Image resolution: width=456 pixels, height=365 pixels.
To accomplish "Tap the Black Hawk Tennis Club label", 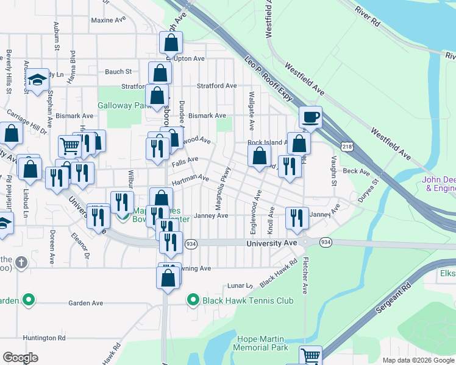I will point(249,301).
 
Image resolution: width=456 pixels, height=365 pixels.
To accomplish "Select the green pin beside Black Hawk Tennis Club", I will point(193,300).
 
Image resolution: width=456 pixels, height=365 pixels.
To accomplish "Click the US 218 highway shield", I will point(347,147).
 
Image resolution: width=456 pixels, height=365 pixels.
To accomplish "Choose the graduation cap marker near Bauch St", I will point(37,79).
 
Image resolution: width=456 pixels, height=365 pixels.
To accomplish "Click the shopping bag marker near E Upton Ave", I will point(171,43).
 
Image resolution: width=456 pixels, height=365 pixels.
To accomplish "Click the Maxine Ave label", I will point(108,20).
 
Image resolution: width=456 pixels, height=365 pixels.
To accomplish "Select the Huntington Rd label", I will point(44,338).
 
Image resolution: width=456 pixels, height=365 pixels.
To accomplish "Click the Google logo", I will point(20,358).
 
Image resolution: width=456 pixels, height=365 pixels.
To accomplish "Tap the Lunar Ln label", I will point(240,285).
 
